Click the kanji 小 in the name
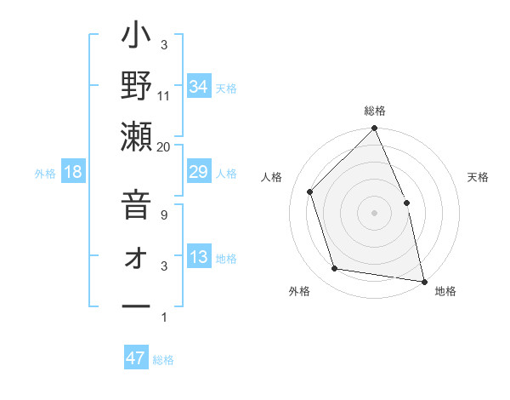136,40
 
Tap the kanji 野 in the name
136,89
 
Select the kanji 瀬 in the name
136,139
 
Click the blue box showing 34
198,86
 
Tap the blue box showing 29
198,173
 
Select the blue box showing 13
198,258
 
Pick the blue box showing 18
73,173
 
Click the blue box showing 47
136,358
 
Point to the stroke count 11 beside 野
163,95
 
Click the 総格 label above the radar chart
375,111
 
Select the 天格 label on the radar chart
478,177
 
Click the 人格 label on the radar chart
272,177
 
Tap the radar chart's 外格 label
299,291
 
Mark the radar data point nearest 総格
375,129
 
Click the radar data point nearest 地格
423,280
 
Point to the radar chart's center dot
375,213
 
